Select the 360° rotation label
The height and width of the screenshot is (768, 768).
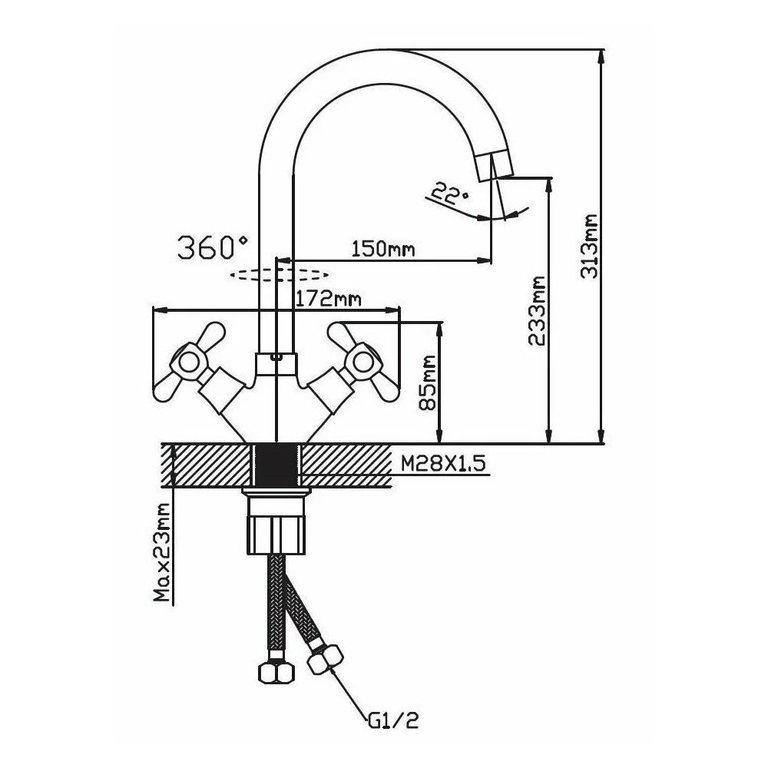[213, 247]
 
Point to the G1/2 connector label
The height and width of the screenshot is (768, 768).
[392, 720]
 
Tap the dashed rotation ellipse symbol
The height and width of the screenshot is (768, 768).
[280, 273]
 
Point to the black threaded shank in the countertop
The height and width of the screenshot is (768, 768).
[275, 465]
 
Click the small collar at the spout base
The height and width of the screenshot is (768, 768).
[275, 362]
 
